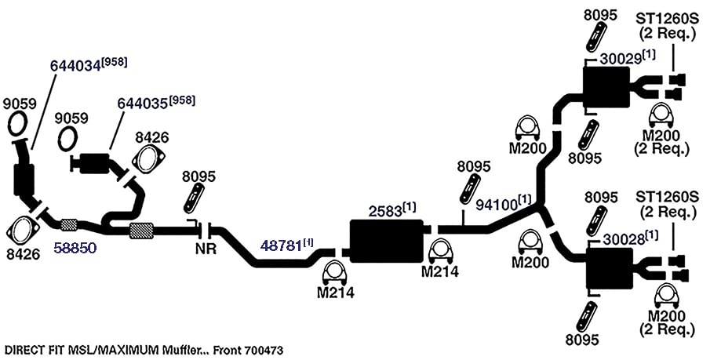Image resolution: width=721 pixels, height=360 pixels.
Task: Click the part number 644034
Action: pyautogui.click(x=75, y=66)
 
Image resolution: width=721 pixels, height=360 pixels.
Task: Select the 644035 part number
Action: pyautogui.click(x=143, y=103)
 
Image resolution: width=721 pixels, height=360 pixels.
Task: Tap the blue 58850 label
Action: pyautogui.click(x=75, y=249)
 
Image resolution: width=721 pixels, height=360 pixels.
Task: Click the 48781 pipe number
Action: pyautogui.click(x=281, y=245)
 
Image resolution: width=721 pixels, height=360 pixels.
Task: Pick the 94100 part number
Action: pyautogui.click(x=496, y=204)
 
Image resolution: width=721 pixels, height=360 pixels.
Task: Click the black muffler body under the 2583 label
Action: pyautogui.click(x=387, y=241)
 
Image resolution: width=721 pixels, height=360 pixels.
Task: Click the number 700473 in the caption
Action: pyautogui.click(x=264, y=351)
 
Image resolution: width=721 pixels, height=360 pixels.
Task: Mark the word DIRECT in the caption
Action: pyautogui.click(x=22, y=351)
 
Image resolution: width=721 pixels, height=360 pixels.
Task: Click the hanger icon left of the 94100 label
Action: pyautogui.click(x=470, y=188)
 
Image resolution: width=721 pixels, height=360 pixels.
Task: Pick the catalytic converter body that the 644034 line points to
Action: pyautogui.click(x=24, y=180)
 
